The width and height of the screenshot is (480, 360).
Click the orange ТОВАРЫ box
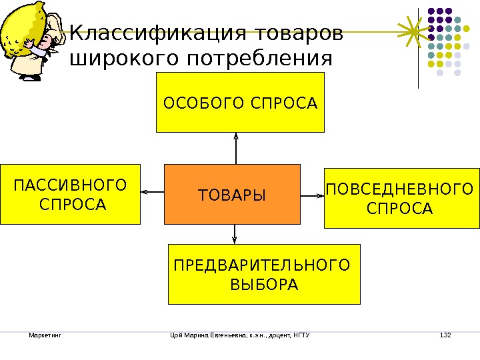tap(232, 195)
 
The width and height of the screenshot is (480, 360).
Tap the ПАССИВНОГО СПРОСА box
tap(70, 193)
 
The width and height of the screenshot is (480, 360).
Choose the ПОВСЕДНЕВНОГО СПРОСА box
tap(401, 199)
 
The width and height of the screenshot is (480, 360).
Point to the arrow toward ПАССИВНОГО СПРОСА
tap(153, 192)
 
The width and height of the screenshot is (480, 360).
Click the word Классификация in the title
tap(150, 33)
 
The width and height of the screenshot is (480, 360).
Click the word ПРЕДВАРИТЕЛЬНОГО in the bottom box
tap(261, 265)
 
